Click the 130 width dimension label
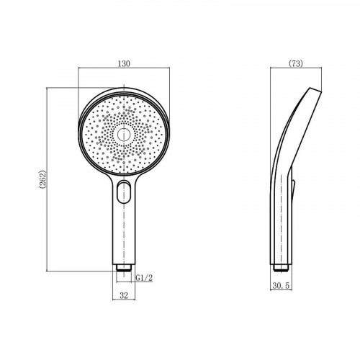click(124, 63)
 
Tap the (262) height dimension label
click(42, 179)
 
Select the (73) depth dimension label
click(296, 63)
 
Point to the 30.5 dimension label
click(281, 286)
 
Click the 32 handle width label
click(124, 295)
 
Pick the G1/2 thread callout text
click(144, 278)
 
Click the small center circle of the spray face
click(124, 135)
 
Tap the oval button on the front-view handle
click(124, 192)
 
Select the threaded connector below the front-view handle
click(124, 268)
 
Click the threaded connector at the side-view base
click(281, 268)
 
